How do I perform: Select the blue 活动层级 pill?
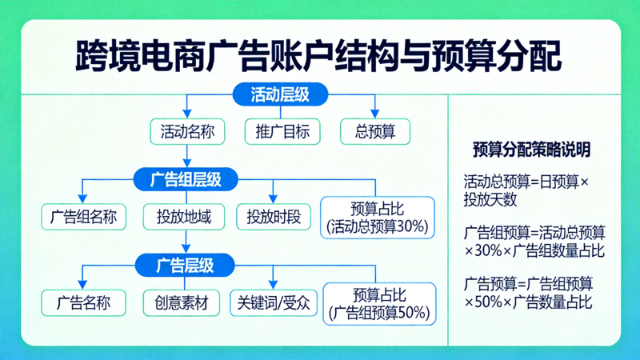[x=280, y=94]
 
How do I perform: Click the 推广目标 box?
[x=282, y=131]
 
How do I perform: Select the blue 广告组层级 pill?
[x=186, y=179]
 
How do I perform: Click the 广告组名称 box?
[x=83, y=217]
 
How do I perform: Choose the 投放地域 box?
[x=184, y=217]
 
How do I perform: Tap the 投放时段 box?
[x=273, y=217]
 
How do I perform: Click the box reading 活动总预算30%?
[x=378, y=217]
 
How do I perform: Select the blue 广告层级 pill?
[x=185, y=263]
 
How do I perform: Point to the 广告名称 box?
[x=83, y=302]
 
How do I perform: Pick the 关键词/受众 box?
[x=274, y=302]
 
